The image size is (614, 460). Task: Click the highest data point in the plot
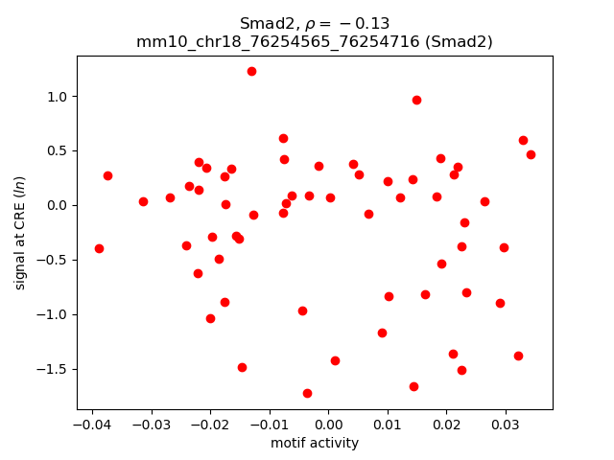(251, 71)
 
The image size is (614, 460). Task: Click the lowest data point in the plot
(307, 393)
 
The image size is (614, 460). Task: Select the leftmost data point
(99, 248)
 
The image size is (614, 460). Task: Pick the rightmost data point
(531, 154)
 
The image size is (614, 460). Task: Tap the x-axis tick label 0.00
(328, 424)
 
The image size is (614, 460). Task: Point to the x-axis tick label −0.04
(91, 424)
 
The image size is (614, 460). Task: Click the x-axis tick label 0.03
(506, 424)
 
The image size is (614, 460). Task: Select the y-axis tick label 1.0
(59, 97)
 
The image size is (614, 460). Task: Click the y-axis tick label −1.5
(55, 369)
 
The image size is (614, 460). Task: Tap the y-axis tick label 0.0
(59, 206)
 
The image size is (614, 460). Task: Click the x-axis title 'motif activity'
(315, 443)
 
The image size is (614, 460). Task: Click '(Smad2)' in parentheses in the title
(466, 41)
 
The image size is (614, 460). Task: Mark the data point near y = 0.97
(416, 100)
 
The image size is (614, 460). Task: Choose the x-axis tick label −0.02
(209, 424)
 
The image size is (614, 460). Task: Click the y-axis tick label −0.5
(55, 260)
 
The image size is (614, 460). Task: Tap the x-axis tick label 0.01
(388, 424)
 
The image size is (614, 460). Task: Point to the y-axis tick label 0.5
(59, 151)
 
